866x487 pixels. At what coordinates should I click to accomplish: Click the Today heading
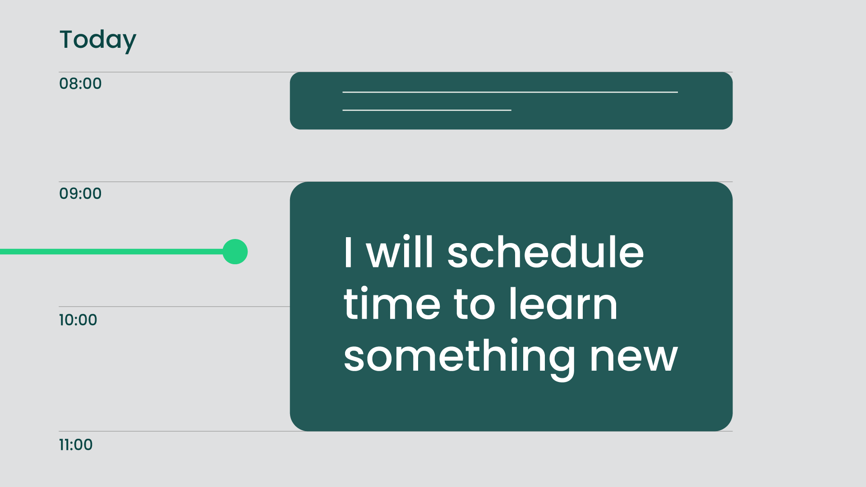(x=97, y=40)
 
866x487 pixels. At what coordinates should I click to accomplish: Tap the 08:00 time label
(x=80, y=83)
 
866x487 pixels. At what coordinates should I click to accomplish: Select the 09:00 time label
(x=80, y=193)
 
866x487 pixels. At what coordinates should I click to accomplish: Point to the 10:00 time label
(x=78, y=320)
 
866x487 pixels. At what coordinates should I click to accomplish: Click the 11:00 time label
(x=76, y=445)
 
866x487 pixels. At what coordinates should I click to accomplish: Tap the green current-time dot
(x=235, y=252)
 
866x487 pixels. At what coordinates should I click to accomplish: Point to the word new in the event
(x=634, y=359)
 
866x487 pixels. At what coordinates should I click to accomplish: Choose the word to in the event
(x=475, y=305)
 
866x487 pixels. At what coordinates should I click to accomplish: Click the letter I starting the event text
(x=348, y=253)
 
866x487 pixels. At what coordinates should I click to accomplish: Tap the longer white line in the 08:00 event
(x=510, y=92)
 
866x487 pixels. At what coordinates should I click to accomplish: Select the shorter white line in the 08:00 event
(x=427, y=110)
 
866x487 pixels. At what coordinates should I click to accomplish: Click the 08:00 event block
(x=511, y=101)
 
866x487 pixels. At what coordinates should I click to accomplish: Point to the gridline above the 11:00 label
(x=396, y=432)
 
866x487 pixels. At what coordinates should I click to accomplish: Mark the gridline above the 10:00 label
(x=174, y=307)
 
